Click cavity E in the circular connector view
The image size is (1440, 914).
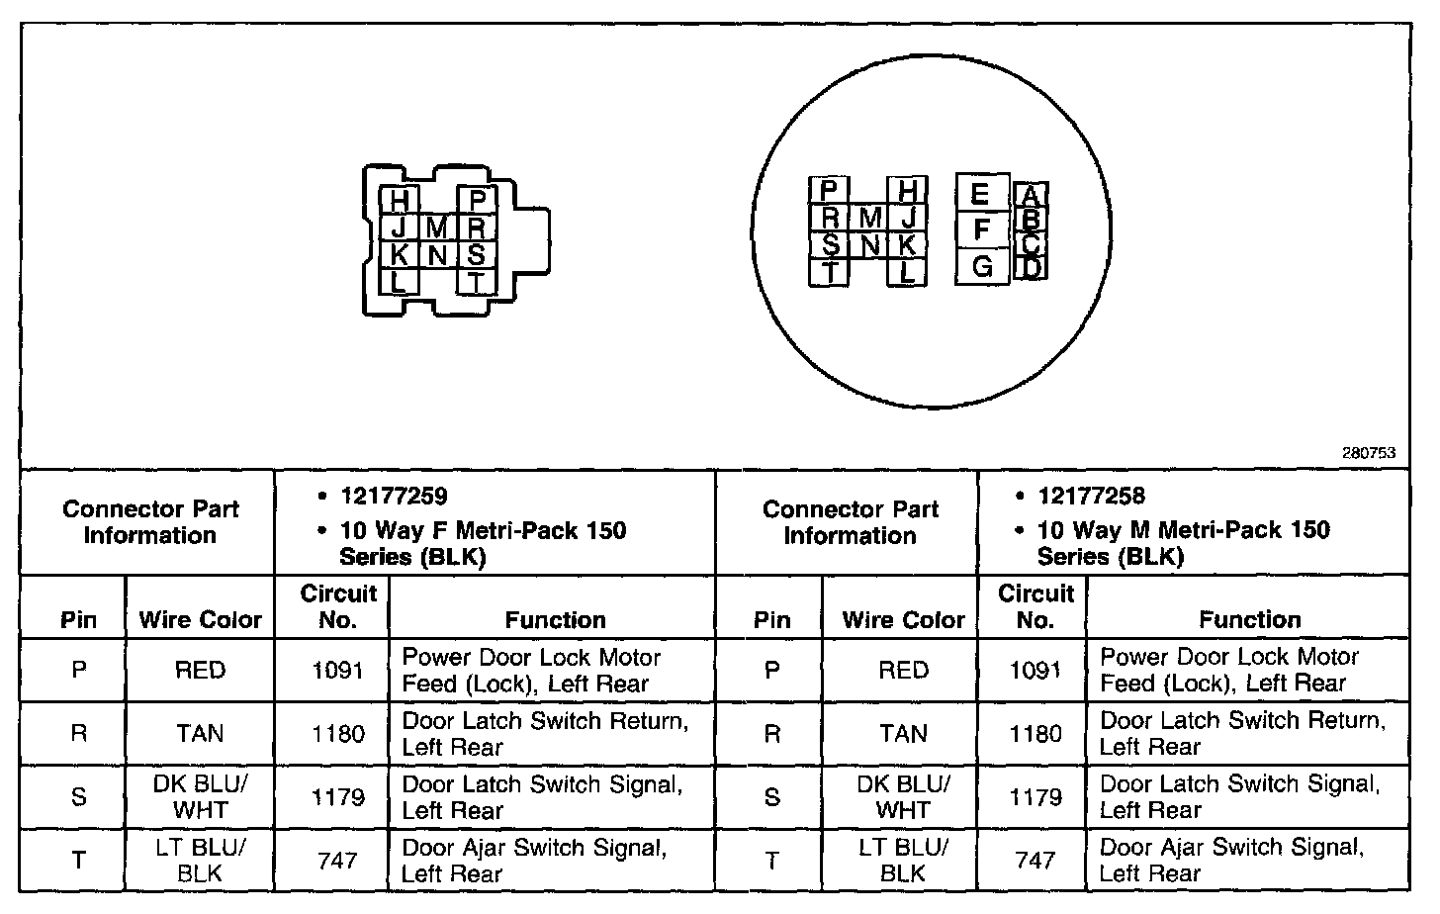(x=980, y=193)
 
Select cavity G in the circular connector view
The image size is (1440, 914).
(x=981, y=266)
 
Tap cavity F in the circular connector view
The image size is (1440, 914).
(x=981, y=229)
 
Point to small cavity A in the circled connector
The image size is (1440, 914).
(x=1030, y=195)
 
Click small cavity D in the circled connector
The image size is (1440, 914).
(x=1032, y=267)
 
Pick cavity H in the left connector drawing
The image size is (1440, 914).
(x=399, y=201)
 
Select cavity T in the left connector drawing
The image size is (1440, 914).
(x=476, y=281)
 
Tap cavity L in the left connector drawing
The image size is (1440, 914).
(x=399, y=281)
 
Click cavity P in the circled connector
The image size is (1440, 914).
(x=830, y=190)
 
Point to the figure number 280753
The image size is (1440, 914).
(x=1368, y=453)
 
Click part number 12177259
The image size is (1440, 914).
(x=394, y=497)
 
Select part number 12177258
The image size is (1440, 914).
(x=1091, y=497)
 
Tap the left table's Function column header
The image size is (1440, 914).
(x=555, y=620)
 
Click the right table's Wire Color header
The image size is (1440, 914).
(x=903, y=620)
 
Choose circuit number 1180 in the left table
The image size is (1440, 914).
(x=337, y=734)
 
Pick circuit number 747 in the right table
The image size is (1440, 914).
(x=1035, y=861)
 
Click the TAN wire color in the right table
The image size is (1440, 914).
(x=903, y=734)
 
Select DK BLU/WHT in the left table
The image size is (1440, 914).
(x=200, y=797)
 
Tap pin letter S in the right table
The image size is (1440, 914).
(x=772, y=797)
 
